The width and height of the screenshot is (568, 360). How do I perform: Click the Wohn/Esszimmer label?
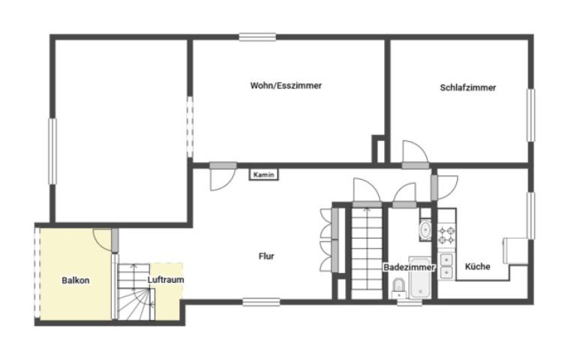(286, 85)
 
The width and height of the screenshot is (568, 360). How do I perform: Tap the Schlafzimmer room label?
(467, 88)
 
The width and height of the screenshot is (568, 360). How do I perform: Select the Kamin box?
(263, 175)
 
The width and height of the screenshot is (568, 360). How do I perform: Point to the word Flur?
(266, 256)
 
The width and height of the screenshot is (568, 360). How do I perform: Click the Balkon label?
(75, 280)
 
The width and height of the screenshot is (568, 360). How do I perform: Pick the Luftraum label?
(166, 280)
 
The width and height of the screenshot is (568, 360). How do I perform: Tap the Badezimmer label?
(409, 267)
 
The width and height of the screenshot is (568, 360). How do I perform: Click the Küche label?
(477, 266)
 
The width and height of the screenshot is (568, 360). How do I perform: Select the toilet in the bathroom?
(398, 286)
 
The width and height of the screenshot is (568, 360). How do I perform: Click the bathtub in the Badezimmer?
(420, 277)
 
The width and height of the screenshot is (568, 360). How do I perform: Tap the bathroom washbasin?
(425, 229)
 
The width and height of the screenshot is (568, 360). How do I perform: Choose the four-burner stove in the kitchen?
(446, 235)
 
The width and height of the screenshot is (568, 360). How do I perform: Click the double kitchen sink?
(446, 266)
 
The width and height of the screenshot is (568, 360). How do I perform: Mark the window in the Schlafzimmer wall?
(530, 115)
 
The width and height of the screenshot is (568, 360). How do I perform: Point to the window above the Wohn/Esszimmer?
(257, 37)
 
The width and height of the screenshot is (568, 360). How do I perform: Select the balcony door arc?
(101, 238)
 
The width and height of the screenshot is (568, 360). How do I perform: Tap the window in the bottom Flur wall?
(261, 302)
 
